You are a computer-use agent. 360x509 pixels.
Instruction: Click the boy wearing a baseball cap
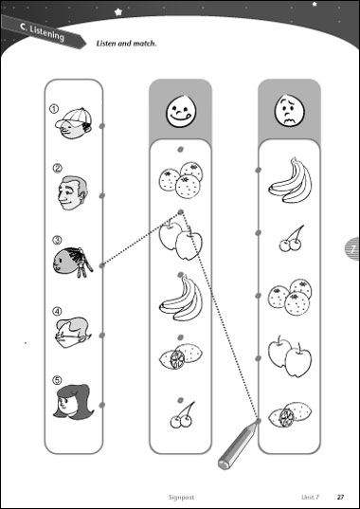click(x=74, y=123)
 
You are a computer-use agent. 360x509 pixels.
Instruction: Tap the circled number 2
click(x=57, y=169)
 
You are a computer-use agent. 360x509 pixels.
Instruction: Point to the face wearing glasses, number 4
click(x=73, y=333)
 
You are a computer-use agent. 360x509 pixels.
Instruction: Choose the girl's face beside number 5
click(x=73, y=401)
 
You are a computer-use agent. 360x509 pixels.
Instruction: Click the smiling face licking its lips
click(x=181, y=111)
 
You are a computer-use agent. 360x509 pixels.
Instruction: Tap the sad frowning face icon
click(x=290, y=110)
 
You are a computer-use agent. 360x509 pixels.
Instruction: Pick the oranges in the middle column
click(x=181, y=179)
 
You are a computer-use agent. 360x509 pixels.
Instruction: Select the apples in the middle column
click(x=181, y=239)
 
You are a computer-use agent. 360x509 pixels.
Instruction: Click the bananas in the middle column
click(x=181, y=299)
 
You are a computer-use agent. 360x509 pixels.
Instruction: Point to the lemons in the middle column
click(x=181, y=355)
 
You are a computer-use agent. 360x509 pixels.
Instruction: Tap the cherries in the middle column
click(x=182, y=415)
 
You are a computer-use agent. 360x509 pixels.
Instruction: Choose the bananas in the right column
click(x=290, y=180)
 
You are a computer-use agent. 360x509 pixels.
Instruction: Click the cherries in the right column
click(x=291, y=239)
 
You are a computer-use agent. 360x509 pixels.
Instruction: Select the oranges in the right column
click(x=290, y=297)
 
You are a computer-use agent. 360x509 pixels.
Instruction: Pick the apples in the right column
click(x=290, y=356)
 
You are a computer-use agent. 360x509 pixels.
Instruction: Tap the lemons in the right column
click(x=290, y=414)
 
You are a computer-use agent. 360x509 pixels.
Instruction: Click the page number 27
click(x=340, y=497)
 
